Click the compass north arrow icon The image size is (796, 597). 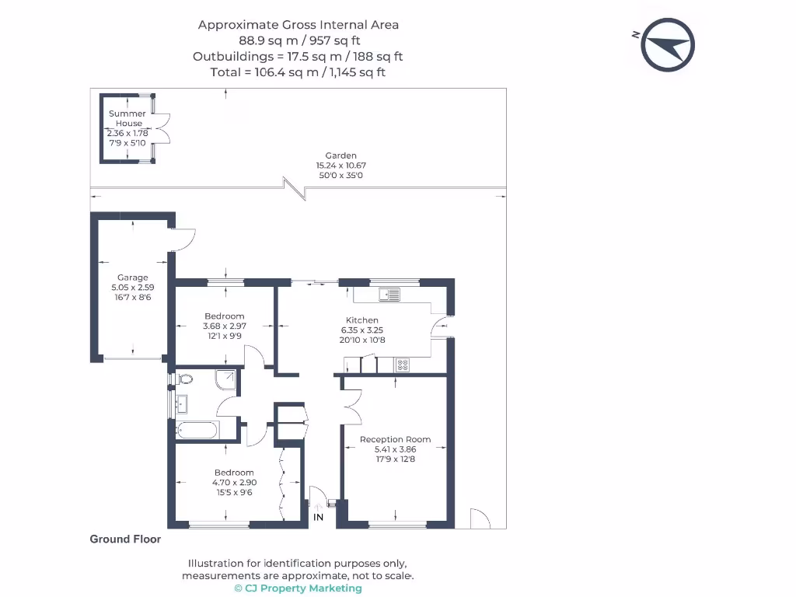click(668, 44)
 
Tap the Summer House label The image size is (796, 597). click(127, 118)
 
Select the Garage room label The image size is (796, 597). click(132, 278)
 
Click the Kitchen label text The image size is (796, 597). click(362, 320)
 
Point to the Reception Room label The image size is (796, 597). click(395, 440)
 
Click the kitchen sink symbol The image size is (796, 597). click(389, 295)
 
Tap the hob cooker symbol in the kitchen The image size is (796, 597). click(402, 365)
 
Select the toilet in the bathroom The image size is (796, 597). click(184, 379)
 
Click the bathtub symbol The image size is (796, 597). click(197, 431)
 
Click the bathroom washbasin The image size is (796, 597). click(181, 404)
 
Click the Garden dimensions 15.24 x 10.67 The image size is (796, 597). click(340, 166)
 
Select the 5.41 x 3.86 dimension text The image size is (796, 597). click(395, 449)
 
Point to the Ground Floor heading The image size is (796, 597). click(125, 539)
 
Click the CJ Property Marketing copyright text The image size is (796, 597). click(298, 588)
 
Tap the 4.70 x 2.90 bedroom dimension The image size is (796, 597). click(234, 482)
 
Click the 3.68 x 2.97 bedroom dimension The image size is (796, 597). click(225, 326)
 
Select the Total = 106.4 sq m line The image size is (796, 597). click(298, 72)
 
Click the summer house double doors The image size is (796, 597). click(162, 128)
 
